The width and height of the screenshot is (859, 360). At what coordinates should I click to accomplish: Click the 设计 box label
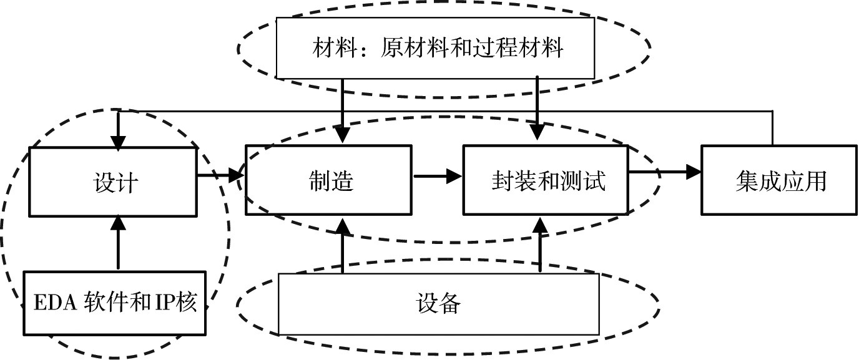click(x=115, y=182)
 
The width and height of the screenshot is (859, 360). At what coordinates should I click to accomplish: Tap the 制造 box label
click(x=331, y=181)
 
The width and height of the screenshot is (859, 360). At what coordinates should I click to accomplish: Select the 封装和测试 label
click(x=548, y=181)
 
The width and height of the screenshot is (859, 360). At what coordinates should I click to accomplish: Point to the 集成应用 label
click(x=781, y=182)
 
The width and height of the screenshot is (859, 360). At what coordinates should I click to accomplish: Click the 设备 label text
click(x=438, y=304)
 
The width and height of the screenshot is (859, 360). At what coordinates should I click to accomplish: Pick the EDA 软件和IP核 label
click(x=115, y=302)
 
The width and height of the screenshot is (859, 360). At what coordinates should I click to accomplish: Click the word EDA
click(x=56, y=303)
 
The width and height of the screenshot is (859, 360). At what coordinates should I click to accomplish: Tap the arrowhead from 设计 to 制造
click(x=237, y=175)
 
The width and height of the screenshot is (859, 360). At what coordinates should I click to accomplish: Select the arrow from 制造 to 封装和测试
click(x=438, y=177)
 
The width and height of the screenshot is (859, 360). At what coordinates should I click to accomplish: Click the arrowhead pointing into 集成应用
click(x=694, y=172)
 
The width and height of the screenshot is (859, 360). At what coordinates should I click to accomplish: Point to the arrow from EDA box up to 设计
click(x=118, y=242)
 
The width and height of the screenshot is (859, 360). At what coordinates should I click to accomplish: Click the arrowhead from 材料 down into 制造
click(x=342, y=134)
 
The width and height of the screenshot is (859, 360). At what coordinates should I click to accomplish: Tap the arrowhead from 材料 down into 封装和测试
click(x=537, y=132)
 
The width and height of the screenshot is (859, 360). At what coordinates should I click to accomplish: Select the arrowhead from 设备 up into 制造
click(x=343, y=226)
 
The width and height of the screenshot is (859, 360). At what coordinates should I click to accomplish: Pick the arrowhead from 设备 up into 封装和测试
click(x=541, y=226)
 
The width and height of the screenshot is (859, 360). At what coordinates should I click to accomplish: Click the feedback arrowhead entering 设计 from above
click(x=118, y=143)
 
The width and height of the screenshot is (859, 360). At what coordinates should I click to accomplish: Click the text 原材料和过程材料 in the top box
click(x=472, y=48)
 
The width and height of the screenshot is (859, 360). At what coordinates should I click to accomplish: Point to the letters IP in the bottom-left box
click(x=165, y=303)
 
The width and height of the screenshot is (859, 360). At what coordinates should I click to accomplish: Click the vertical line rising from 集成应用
click(x=772, y=128)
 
